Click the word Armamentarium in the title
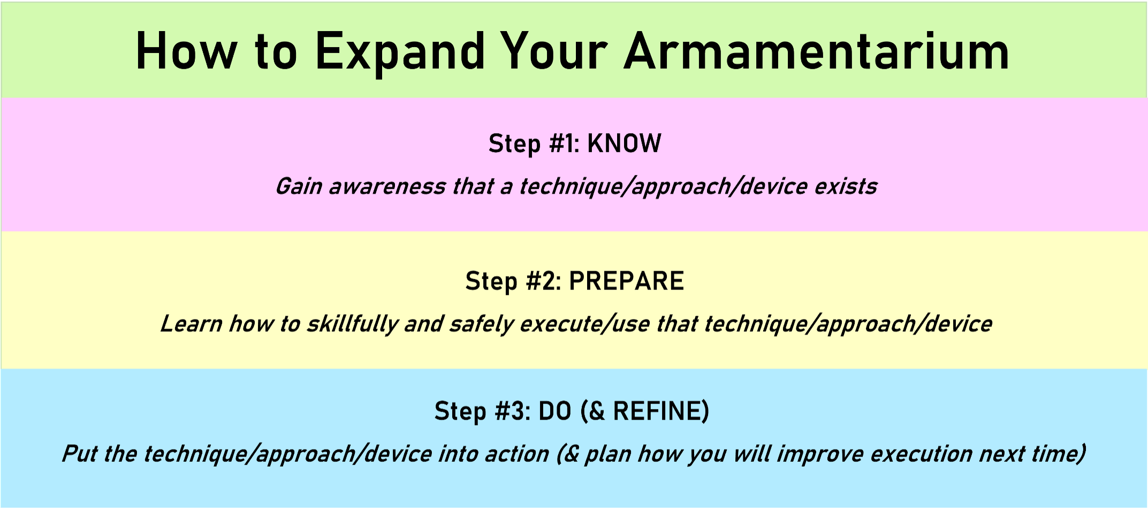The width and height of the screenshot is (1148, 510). (817, 51)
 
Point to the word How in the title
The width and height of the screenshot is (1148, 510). (186, 51)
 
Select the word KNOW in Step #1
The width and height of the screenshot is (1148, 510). (624, 143)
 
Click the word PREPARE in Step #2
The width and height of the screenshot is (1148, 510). (626, 281)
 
